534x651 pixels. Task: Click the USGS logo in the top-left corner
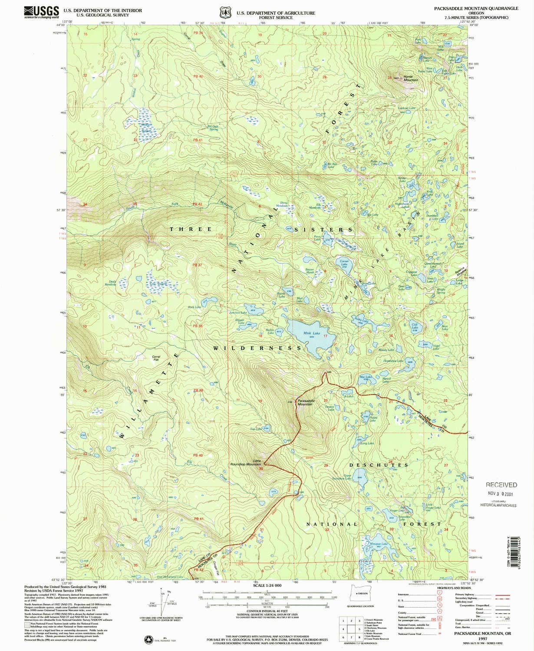point(41,11)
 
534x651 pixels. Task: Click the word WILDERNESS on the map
point(257,348)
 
